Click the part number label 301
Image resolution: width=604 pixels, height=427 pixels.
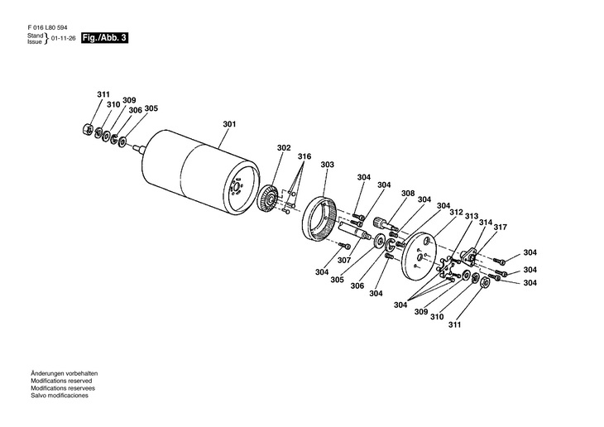(229, 125)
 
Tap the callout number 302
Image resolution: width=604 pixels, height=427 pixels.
(284, 148)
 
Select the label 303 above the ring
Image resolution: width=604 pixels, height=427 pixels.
(327, 165)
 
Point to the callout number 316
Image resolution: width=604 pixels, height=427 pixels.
(305, 156)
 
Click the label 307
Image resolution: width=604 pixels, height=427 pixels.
(344, 260)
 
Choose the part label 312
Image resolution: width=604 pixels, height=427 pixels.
(456, 212)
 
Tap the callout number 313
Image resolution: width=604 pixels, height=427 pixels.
(472, 217)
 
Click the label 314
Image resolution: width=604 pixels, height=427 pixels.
(486, 223)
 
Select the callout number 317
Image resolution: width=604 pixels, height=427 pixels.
(501, 228)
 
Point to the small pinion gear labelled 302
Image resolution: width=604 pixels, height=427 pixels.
(267, 202)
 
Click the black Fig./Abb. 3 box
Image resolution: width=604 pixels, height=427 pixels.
(105, 39)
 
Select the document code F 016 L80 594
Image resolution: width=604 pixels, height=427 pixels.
(48, 28)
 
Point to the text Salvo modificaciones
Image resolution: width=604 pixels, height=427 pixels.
(60, 396)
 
